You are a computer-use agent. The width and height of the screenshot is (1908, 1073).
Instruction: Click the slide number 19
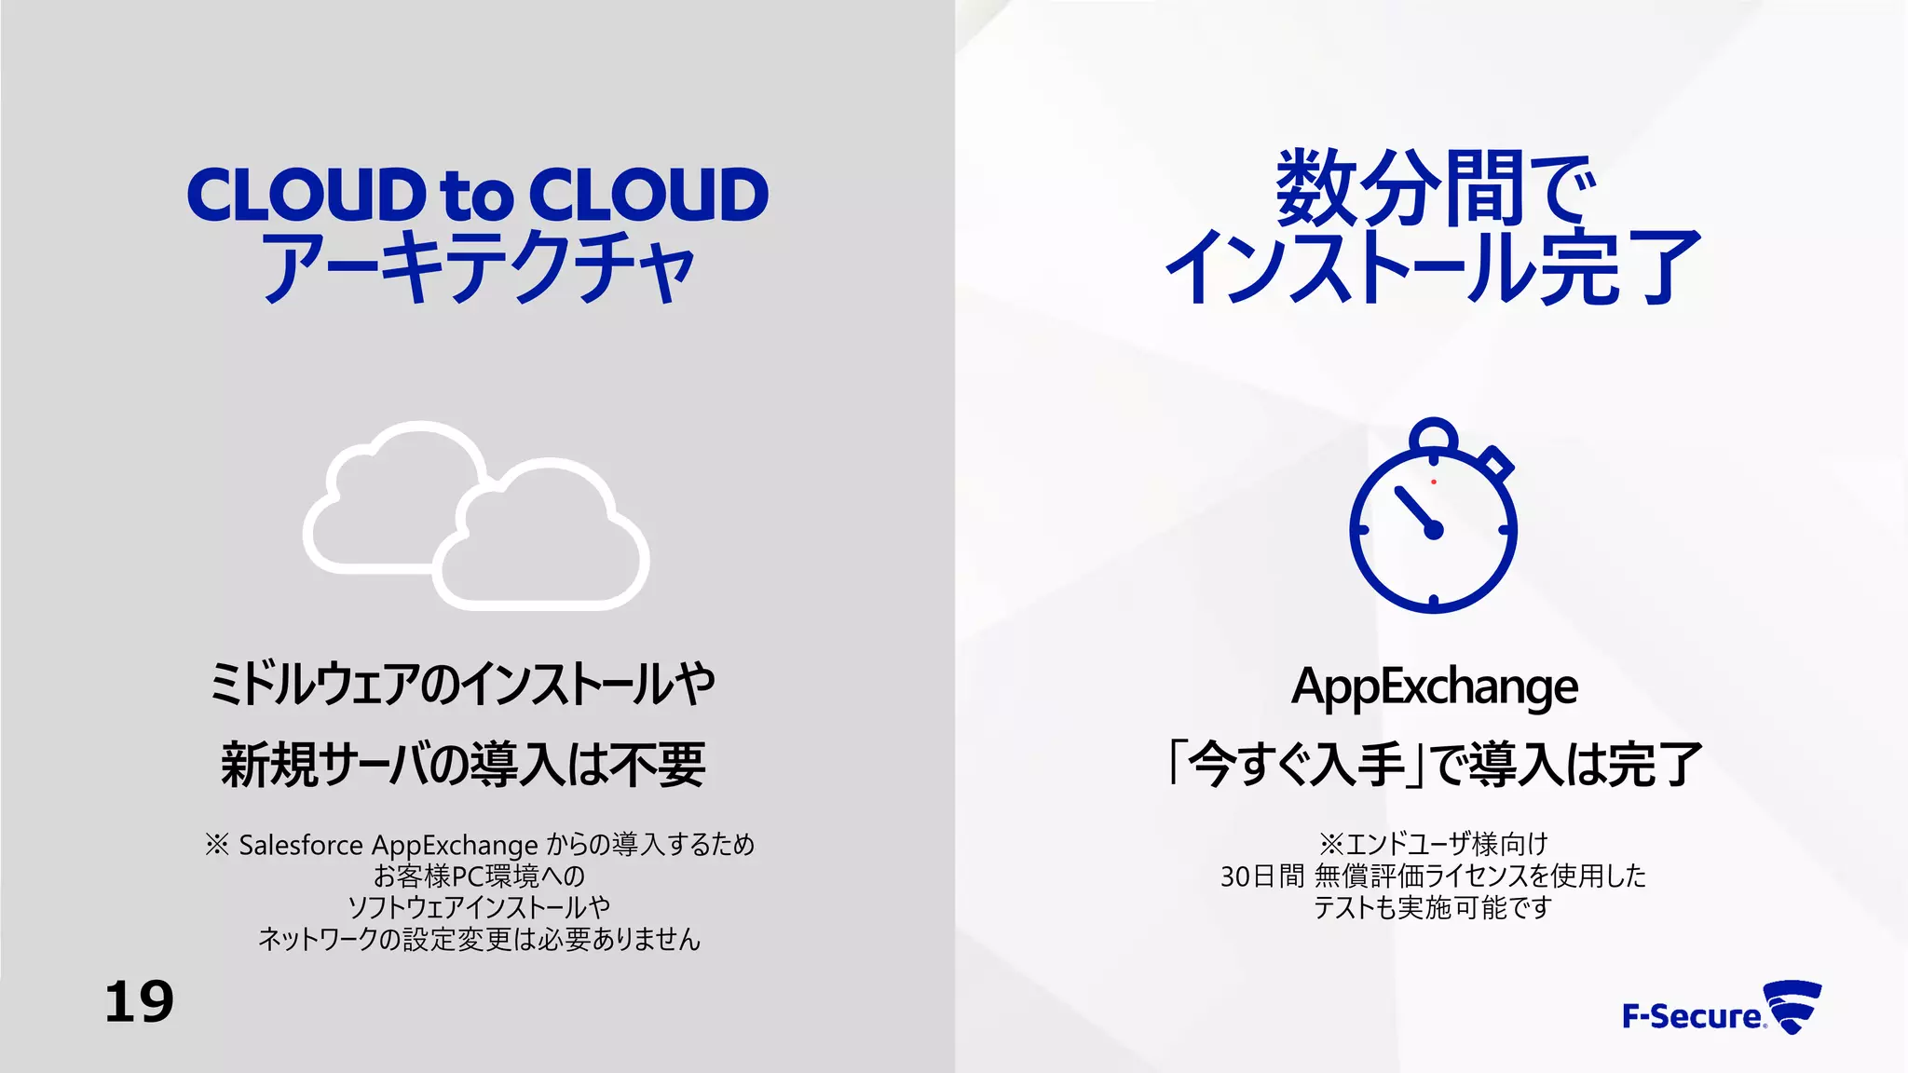pyautogui.click(x=139, y=1002)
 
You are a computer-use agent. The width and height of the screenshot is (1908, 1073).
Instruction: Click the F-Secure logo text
pyautogui.click(x=1692, y=1016)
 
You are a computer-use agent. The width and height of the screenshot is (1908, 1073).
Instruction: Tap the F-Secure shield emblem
pyautogui.click(x=1794, y=1007)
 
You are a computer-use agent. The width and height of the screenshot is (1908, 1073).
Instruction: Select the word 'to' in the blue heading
pyautogui.click(x=476, y=197)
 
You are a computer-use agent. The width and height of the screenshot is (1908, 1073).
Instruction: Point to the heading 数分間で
pyautogui.click(x=1434, y=189)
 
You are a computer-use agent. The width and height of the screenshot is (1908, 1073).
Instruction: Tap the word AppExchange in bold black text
pyautogui.click(x=1434, y=687)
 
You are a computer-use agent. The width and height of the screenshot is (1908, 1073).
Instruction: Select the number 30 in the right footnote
pyautogui.click(x=1235, y=876)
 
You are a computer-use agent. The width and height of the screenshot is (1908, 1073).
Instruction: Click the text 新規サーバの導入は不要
pyautogui.click(x=463, y=765)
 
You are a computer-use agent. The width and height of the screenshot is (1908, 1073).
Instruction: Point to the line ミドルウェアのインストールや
pyautogui.click(x=463, y=685)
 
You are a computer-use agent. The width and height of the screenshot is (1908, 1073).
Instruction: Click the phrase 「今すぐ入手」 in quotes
pyautogui.click(x=1295, y=765)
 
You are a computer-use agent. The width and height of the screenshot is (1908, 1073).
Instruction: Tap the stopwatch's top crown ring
pyautogui.click(x=1433, y=436)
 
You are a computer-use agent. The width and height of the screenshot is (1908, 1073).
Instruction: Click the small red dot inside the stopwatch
pyautogui.click(x=1434, y=482)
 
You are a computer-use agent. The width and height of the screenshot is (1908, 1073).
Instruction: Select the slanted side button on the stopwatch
pyautogui.click(x=1497, y=463)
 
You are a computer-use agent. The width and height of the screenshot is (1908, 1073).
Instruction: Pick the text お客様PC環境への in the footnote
pyautogui.click(x=479, y=876)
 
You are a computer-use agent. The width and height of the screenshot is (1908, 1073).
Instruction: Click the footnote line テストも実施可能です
pyautogui.click(x=1433, y=907)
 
